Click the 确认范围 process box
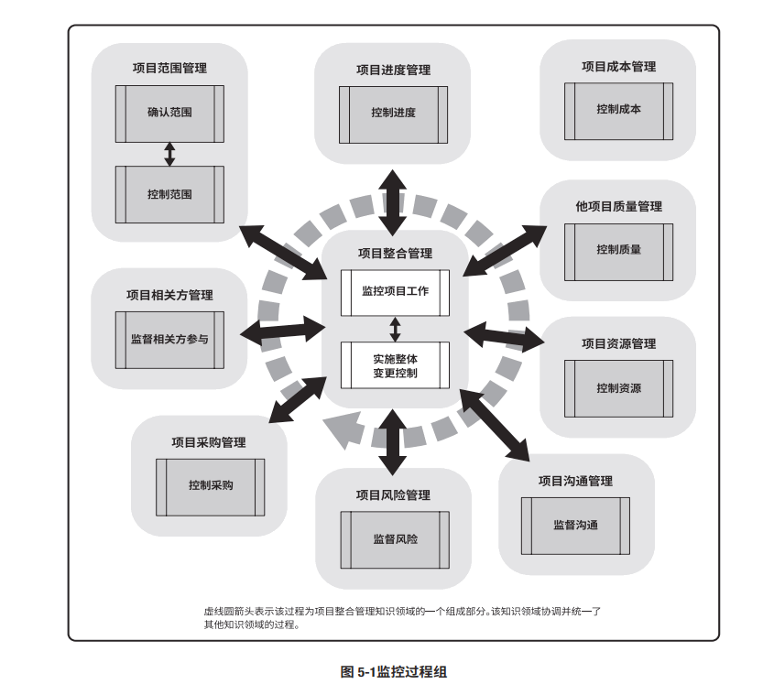pos(169,113)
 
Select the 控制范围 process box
pos(169,194)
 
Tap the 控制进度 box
pos(393,114)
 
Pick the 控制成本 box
pos(618,109)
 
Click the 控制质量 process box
pos(618,249)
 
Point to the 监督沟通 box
pos(576,526)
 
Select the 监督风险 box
pos(395,539)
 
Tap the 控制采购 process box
pos(211,485)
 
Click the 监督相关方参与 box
pos(169,339)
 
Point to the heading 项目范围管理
pos(169,68)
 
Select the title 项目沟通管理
pos(575,481)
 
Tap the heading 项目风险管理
pos(393,494)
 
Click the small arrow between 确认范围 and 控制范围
pos(169,154)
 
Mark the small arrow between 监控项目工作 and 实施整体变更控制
pos(395,329)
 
